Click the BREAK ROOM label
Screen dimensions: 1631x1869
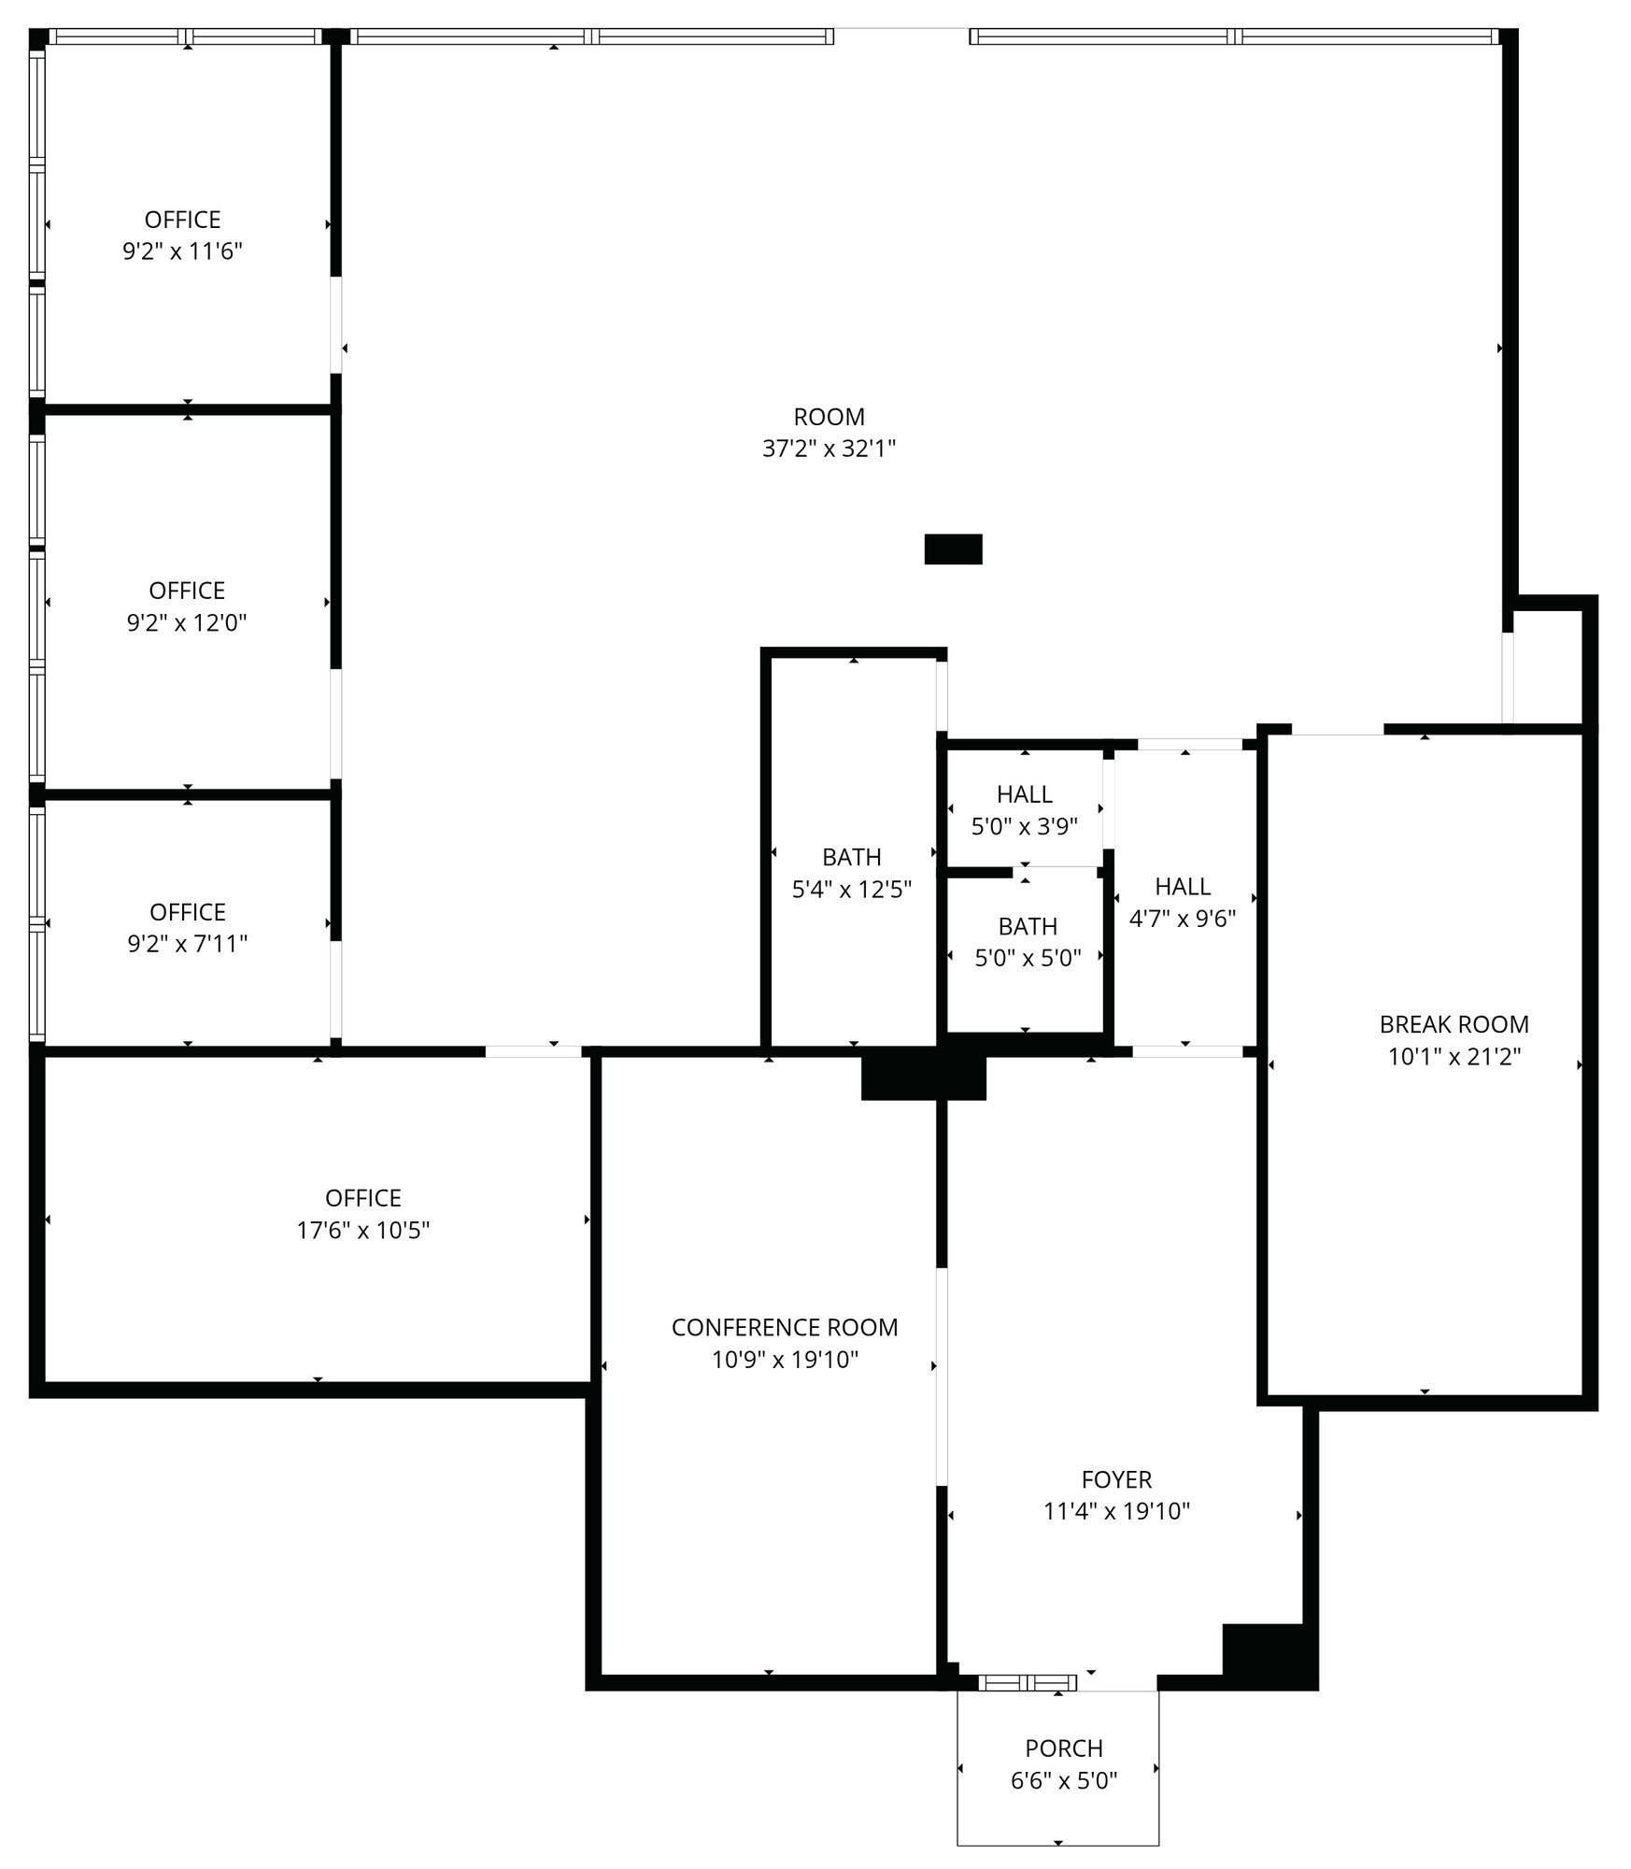1454,1024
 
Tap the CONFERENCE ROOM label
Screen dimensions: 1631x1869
785,1327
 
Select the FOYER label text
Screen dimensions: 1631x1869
1116,1479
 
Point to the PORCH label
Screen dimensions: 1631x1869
1064,1748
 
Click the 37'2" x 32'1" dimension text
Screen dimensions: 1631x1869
829,449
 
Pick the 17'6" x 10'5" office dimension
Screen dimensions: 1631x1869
363,1230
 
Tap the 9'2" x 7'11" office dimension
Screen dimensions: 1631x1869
187,944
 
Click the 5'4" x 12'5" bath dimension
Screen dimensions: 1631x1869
852,889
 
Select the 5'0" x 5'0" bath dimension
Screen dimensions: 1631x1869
1028,958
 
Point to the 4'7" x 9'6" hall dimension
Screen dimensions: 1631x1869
1183,919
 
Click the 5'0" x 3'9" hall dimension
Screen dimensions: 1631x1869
1025,826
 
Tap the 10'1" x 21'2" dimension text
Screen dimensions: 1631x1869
1454,1056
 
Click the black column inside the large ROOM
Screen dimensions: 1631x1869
953,549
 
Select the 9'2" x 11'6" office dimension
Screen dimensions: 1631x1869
182,251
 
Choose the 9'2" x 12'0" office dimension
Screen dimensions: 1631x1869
187,622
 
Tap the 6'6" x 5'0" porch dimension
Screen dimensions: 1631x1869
1064,1780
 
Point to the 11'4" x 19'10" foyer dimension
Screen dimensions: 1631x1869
1116,1511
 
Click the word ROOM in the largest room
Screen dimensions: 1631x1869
829,417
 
